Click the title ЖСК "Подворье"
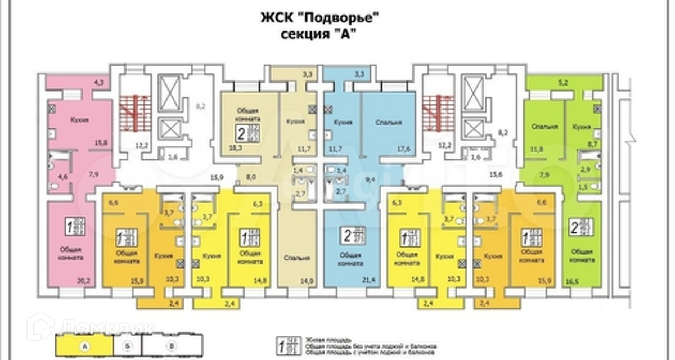coord(318,17)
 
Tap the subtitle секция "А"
coord(318,33)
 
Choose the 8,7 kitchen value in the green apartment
coord(593,145)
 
